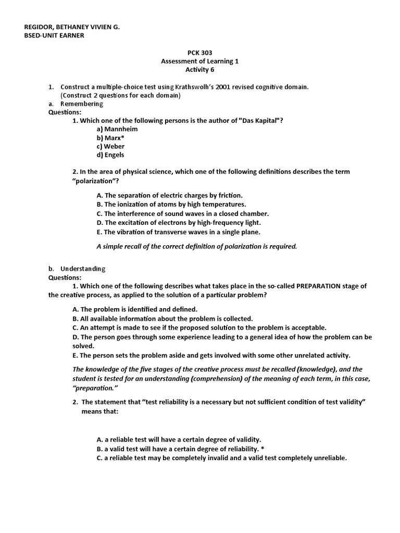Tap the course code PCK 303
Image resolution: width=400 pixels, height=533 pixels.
pos(199,53)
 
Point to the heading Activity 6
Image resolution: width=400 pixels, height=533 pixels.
pos(199,70)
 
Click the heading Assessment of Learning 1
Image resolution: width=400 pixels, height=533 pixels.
pos(199,61)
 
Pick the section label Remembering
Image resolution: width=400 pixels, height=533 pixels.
pos(82,104)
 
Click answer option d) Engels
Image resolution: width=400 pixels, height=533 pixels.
pos(110,155)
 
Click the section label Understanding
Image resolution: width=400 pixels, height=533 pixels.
pos(83,269)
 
